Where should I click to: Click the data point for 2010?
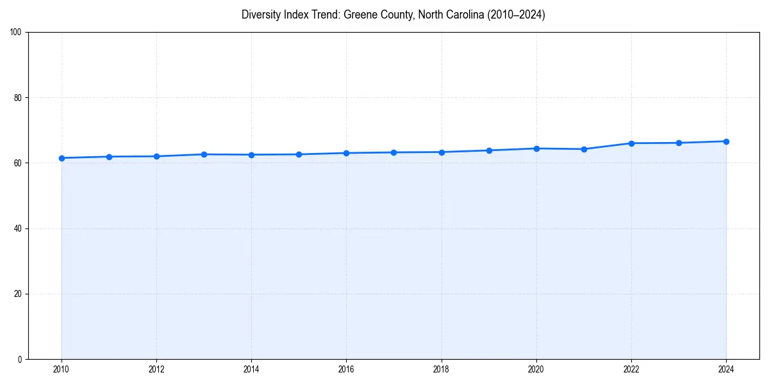(62, 158)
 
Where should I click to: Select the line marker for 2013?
(204, 154)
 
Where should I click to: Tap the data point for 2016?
(346, 153)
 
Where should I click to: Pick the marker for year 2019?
(489, 150)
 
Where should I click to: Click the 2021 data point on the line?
(584, 149)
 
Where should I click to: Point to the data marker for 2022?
(631, 143)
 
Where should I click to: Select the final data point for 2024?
(726, 141)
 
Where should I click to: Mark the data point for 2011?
(109, 157)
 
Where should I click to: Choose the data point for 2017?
(393, 152)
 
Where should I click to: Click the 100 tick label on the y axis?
(16, 33)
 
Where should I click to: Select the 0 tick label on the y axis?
(20, 359)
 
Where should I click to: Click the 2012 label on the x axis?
(156, 369)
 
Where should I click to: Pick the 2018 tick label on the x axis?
(441, 369)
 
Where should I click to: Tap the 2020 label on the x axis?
(536, 369)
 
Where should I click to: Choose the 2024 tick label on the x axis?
(726, 369)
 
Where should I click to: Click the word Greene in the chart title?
(360, 15)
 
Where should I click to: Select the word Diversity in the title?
(261, 15)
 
